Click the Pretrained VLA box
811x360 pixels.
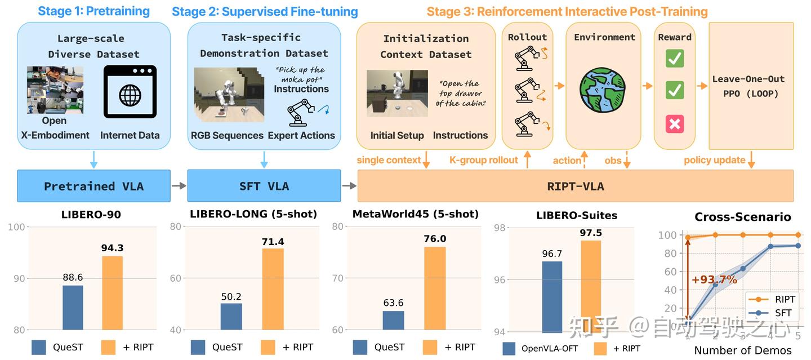(93, 186)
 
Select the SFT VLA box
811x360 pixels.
(264, 186)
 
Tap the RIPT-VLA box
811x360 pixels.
(575, 186)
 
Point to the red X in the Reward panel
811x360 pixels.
(674, 123)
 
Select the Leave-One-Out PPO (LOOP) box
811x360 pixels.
(748, 86)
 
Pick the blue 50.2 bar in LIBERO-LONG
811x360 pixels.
(231, 317)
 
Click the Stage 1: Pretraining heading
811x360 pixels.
(94, 11)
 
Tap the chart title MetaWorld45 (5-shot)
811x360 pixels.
(415, 214)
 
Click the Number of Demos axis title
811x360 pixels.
(742, 350)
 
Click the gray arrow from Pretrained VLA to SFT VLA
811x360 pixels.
(179, 186)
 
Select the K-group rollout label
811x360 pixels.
(483, 160)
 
